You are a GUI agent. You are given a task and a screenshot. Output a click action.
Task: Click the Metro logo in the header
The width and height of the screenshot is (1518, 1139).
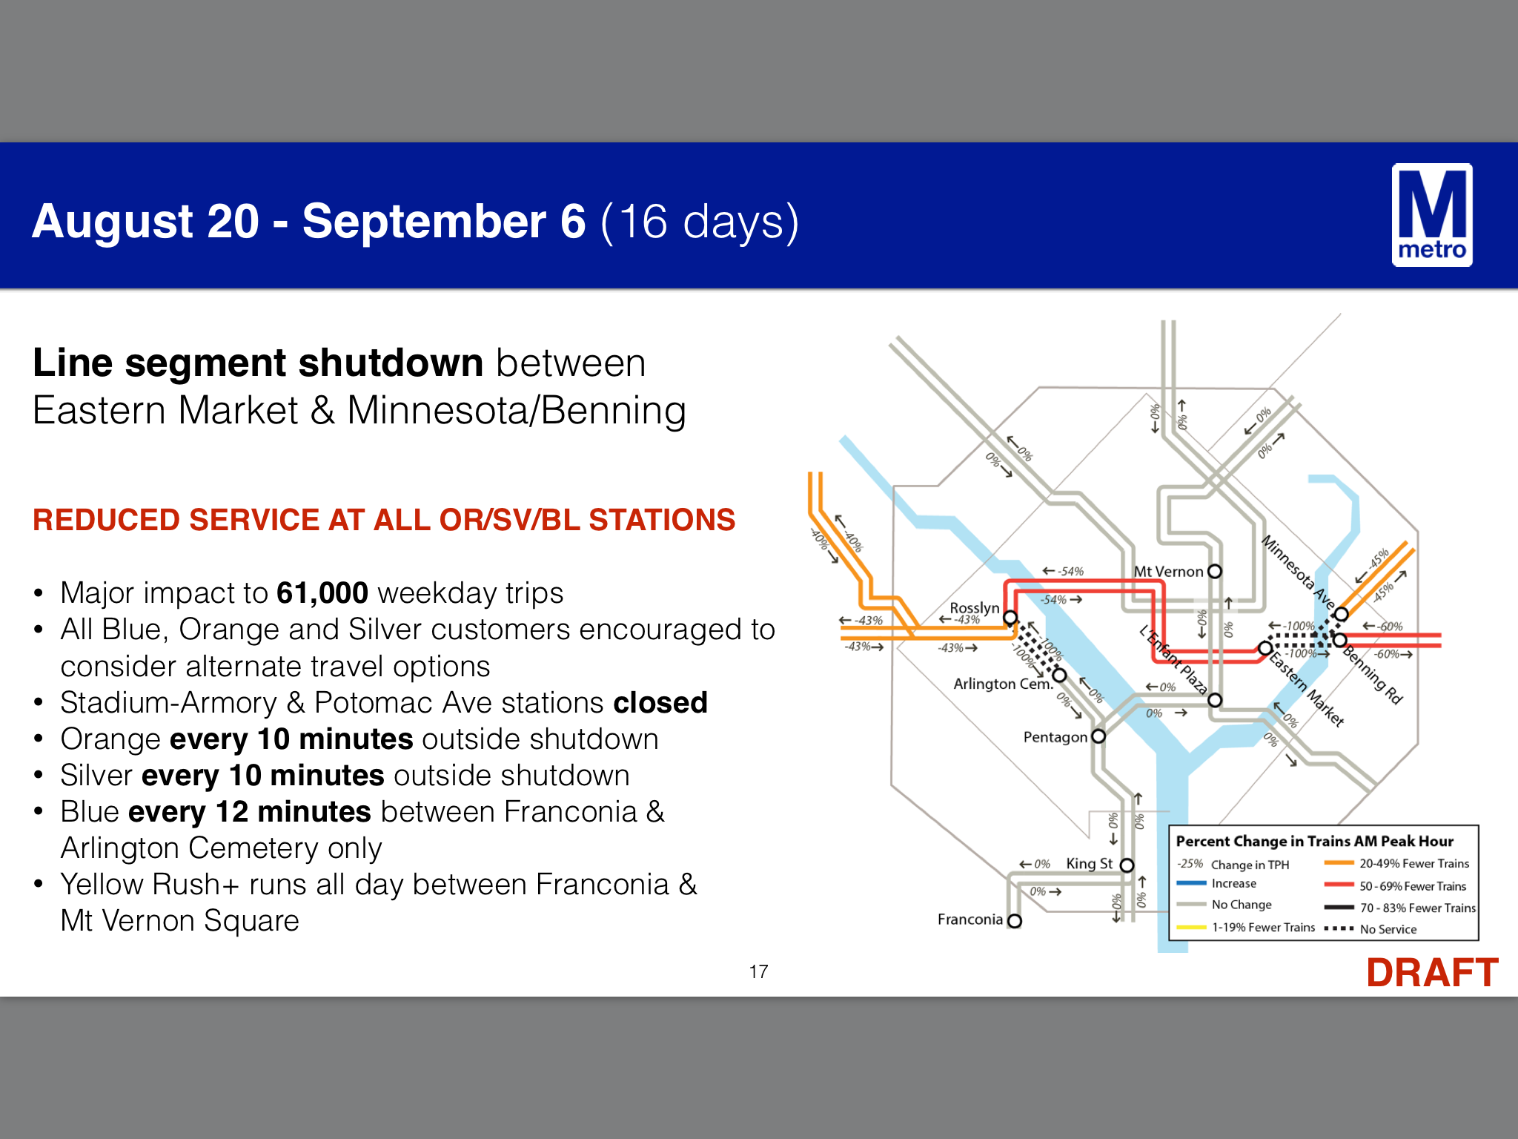point(1432,215)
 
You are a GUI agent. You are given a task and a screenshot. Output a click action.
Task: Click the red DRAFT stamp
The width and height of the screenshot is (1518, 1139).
point(1432,972)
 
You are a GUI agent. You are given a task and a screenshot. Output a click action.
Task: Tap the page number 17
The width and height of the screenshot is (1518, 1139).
point(758,971)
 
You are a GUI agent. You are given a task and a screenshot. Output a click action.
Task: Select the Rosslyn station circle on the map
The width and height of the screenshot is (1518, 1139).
point(1010,617)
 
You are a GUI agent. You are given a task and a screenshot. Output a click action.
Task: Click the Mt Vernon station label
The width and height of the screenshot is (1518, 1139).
point(1168,571)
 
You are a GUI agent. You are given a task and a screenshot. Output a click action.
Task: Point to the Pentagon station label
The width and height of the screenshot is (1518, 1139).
point(1055,736)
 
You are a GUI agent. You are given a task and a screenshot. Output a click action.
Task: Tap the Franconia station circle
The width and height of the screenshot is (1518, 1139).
point(1015,920)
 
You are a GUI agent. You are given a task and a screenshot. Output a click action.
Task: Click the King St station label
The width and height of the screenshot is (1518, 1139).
point(1090,863)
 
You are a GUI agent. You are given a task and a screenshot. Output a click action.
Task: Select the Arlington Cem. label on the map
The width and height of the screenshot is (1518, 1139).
point(1003,683)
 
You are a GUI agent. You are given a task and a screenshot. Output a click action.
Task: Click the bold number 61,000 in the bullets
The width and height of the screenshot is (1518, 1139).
point(322,592)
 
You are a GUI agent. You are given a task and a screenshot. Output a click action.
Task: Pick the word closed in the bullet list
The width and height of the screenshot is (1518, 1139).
point(660,702)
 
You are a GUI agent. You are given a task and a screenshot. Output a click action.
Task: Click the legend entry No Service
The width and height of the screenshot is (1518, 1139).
point(1388,929)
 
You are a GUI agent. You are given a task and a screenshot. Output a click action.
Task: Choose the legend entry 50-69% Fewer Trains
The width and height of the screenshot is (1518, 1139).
point(1413,886)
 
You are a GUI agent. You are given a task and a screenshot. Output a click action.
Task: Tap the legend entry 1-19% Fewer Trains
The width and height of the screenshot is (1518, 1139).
point(1264,927)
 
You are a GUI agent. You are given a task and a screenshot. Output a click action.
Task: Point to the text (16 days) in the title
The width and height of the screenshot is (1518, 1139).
point(700,221)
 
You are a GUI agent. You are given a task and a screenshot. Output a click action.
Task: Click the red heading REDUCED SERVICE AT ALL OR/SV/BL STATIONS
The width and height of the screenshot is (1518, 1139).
point(384,520)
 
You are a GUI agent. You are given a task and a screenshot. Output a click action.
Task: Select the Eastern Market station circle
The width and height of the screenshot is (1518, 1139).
point(1266,649)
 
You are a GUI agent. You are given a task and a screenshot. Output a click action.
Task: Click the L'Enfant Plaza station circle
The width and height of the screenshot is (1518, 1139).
point(1215,700)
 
